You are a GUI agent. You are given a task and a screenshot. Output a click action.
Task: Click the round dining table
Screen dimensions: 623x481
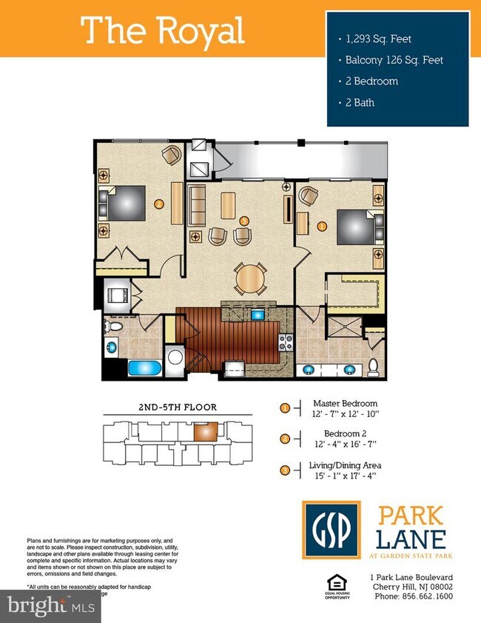pyautogui.click(x=249, y=279)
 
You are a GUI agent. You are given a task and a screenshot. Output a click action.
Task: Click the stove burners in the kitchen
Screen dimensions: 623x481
pyautogui.click(x=286, y=342)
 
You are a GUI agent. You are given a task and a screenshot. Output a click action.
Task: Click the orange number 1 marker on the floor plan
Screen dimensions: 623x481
pyautogui.click(x=321, y=225)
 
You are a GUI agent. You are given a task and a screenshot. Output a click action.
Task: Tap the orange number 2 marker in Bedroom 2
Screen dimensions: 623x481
pyautogui.click(x=158, y=203)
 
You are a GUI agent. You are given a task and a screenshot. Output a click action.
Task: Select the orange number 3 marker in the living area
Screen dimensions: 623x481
pyautogui.click(x=244, y=219)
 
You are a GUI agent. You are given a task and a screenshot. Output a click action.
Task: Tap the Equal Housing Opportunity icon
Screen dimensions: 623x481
pyautogui.click(x=338, y=584)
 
